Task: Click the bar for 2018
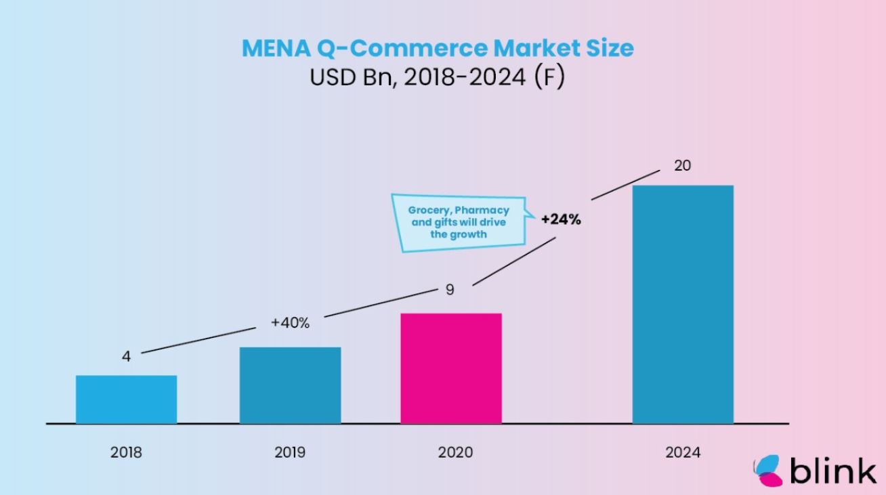126,400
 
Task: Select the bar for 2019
290,385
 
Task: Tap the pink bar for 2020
451,368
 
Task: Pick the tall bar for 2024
683,305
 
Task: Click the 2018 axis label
126,452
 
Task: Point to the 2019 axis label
290,452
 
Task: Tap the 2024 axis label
683,452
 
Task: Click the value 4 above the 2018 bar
126,356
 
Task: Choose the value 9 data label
450,290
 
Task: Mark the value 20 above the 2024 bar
682,165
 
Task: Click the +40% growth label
290,323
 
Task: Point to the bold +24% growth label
560,219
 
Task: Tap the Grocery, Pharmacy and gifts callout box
459,223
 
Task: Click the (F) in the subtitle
549,77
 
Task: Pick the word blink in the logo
832,470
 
